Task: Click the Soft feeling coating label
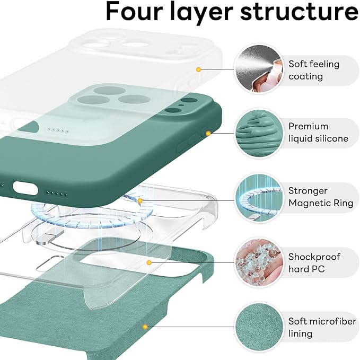click(313, 70)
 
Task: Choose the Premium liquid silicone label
click(318, 133)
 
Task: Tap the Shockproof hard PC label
click(314, 263)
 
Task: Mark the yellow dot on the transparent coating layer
click(199, 69)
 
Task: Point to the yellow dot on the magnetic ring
click(140, 201)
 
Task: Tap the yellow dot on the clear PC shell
click(150, 262)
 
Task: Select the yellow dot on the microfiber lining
click(143, 327)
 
